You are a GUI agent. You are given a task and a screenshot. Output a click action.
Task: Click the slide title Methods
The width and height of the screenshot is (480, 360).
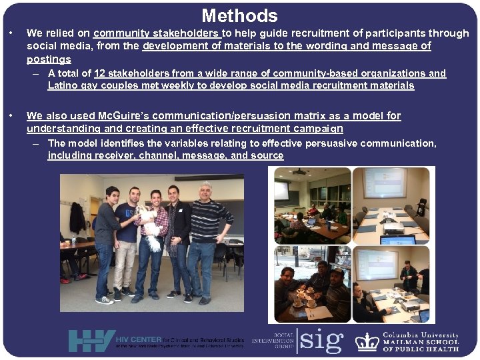click(x=239, y=15)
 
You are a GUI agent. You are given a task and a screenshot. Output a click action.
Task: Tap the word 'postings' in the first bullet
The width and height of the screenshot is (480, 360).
click(x=49, y=59)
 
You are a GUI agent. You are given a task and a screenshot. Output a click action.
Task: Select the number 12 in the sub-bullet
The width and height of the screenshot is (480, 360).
click(x=100, y=73)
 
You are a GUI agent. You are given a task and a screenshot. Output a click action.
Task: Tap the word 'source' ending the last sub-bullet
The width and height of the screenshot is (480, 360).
click(x=267, y=155)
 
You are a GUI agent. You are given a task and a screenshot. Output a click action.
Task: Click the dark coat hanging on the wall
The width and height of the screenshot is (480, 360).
click(x=78, y=217)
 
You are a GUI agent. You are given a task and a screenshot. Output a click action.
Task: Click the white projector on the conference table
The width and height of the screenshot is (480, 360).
click(x=393, y=227)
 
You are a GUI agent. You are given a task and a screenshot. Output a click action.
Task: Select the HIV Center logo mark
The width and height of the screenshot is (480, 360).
click(x=91, y=341)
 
